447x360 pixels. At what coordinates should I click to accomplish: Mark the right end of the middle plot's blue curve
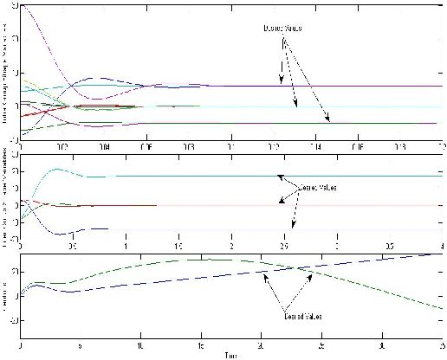pos(107,228)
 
